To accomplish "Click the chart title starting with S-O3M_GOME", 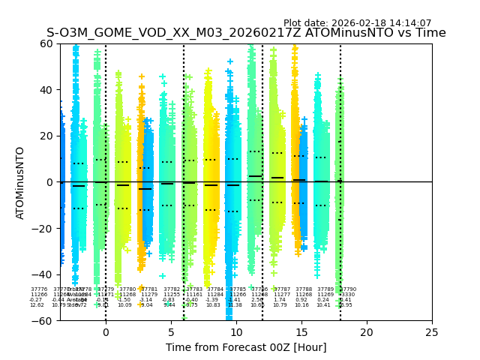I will (x=246, y=33).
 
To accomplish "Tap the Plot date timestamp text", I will (x=357, y=23).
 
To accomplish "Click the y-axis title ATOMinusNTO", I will (x=20, y=182).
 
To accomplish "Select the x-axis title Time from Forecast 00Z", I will (x=246, y=347).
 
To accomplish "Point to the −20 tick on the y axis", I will (x=44, y=229).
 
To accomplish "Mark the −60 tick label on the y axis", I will (x=44, y=321).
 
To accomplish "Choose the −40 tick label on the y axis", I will (x=44, y=274).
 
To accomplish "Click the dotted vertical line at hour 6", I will (x=184, y=150).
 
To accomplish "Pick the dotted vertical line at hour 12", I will (x=262, y=150).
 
